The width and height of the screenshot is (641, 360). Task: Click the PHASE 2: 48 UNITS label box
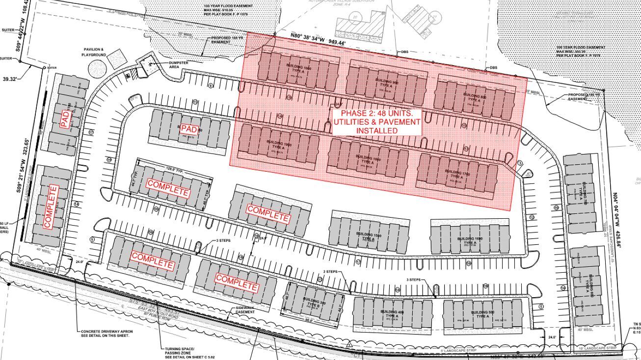coord(376,122)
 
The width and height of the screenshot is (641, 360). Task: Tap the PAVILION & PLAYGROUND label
coord(94,52)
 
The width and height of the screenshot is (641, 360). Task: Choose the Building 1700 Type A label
coord(457,175)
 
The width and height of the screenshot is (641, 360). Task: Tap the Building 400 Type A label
coord(392,314)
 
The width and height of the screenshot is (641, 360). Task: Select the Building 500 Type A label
coord(482,314)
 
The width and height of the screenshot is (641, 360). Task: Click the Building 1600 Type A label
coord(470,241)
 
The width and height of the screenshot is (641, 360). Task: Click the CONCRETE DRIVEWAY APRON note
coord(107,334)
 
